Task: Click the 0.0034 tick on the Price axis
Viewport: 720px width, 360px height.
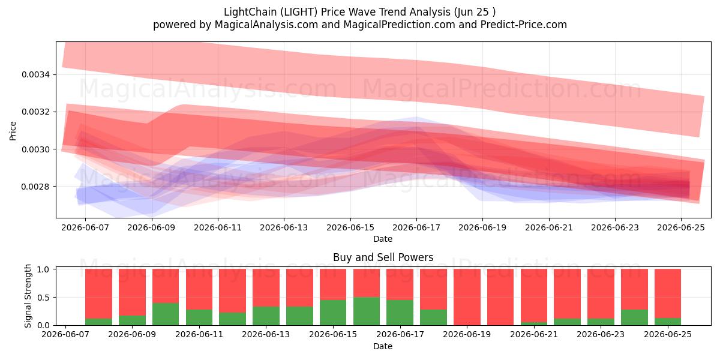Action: pyautogui.click(x=35, y=74)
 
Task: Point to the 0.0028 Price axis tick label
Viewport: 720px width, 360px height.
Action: pyautogui.click(x=35, y=187)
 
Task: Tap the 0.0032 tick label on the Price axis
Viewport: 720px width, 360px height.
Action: pyautogui.click(x=35, y=112)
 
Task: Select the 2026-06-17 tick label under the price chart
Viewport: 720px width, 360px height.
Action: pyautogui.click(x=416, y=227)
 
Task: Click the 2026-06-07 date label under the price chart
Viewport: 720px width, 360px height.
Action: pyautogui.click(x=85, y=227)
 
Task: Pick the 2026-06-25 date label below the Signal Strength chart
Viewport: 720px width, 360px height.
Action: pyautogui.click(x=668, y=334)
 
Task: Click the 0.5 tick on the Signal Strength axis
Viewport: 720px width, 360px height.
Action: pyautogui.click(x=43, y=298)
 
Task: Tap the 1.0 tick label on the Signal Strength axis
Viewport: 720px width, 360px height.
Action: pyautogui.click(x=43, y=269)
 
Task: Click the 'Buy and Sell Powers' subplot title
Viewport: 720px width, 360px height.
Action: pyautogui.click(x=383, y=257)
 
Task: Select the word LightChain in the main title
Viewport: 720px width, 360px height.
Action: pyautogui.click(x=250, y=12)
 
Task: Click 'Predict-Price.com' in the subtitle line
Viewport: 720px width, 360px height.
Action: pyautogui.click(x=524, y=25)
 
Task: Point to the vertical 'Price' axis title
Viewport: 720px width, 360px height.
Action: pyautogui.click(x=13, y=131)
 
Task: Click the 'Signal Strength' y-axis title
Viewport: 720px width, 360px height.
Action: pyautogui.click(x=28, y=296)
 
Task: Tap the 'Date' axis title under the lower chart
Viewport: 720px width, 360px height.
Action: pyautogui.click(x=383, y=346)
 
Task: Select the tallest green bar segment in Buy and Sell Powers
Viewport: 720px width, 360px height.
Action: pyautogui.click(x=367, y=311)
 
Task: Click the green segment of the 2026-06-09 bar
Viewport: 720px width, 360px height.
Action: pyautogui.click(x=132, y=320)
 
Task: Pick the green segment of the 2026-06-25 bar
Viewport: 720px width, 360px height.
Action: pyautogui.click(x=668, y=322)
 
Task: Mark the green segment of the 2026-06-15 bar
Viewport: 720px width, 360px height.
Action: pyautogui.click(x=333, y=313)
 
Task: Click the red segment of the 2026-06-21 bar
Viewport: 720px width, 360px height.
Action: pyautogui.click(x=534, y=295)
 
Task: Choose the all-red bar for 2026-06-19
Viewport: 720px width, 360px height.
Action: pyautogui.click(x=467, y=297)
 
